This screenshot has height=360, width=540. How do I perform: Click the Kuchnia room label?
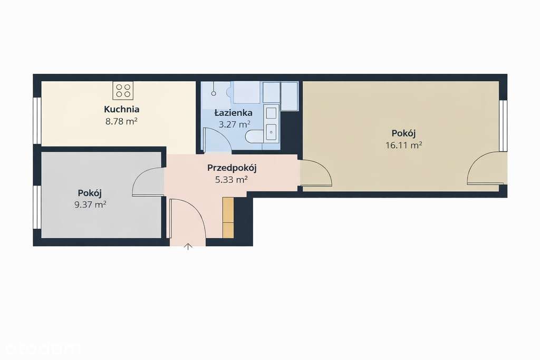122,110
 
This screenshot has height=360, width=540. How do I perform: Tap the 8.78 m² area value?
122,121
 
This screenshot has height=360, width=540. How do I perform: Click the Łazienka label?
233,113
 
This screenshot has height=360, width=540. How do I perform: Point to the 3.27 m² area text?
234,124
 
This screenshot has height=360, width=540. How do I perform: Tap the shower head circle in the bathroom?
214,93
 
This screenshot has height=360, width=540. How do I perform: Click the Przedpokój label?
232,168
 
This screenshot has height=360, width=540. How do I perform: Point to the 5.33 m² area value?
232,180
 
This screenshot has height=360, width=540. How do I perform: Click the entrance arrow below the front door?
188,246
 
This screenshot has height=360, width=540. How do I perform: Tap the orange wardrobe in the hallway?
228,217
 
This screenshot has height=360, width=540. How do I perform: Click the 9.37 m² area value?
91,205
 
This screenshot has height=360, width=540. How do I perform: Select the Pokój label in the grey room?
91,193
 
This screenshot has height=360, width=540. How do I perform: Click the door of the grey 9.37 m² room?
148,182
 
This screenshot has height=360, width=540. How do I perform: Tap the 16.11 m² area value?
403,145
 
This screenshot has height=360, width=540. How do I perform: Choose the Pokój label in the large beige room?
403,133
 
